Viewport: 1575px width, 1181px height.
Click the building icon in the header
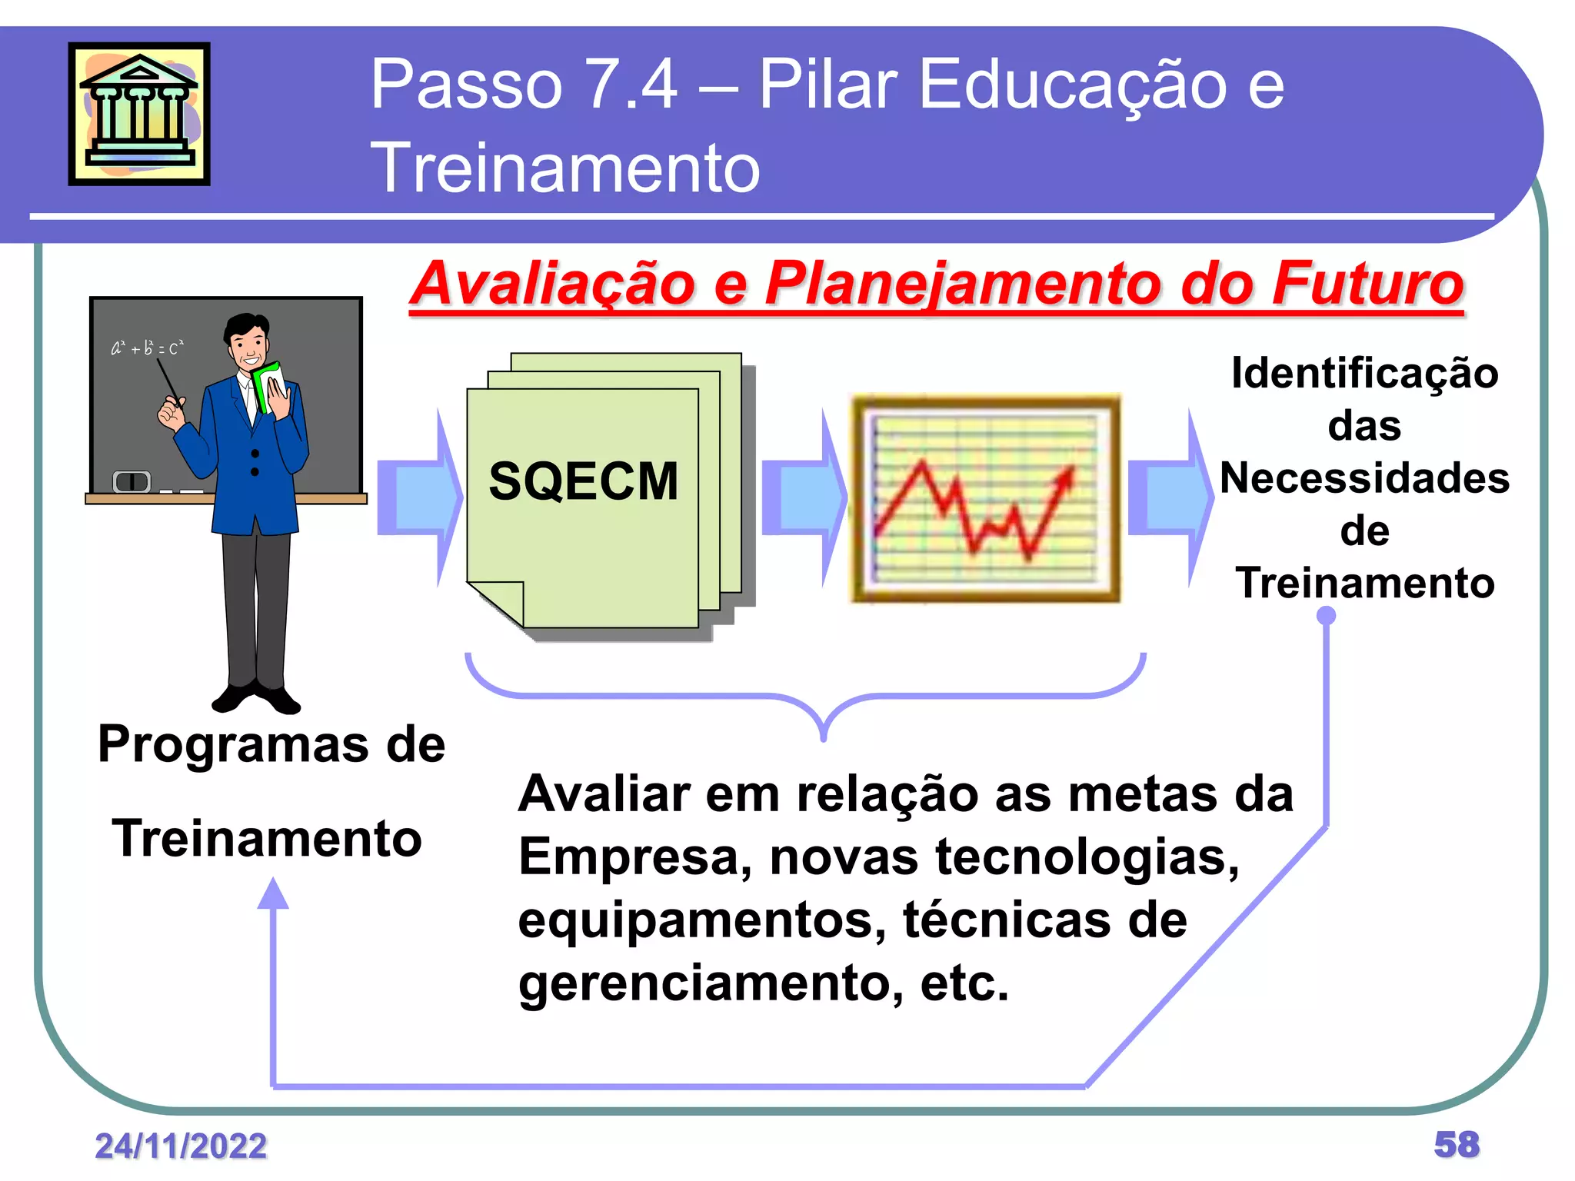pos(139,113)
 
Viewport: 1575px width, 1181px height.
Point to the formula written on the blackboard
pos(147,348)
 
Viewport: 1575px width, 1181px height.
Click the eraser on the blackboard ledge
pos(132,481)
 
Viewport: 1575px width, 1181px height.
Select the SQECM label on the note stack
pos(584,481)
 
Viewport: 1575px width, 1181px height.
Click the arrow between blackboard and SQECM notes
pos(419,497)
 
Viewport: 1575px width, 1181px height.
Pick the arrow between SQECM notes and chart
pos(804,497)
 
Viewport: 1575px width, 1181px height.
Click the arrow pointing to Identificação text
pos(1170,497)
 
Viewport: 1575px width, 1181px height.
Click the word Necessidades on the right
pos(1364,477)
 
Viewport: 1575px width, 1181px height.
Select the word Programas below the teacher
pos(233,744)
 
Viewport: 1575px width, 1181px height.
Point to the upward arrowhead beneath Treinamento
pos(273,894)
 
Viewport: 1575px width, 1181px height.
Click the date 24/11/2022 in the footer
pos(181,1146)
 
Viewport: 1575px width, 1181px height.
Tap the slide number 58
pos(1456,1144)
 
